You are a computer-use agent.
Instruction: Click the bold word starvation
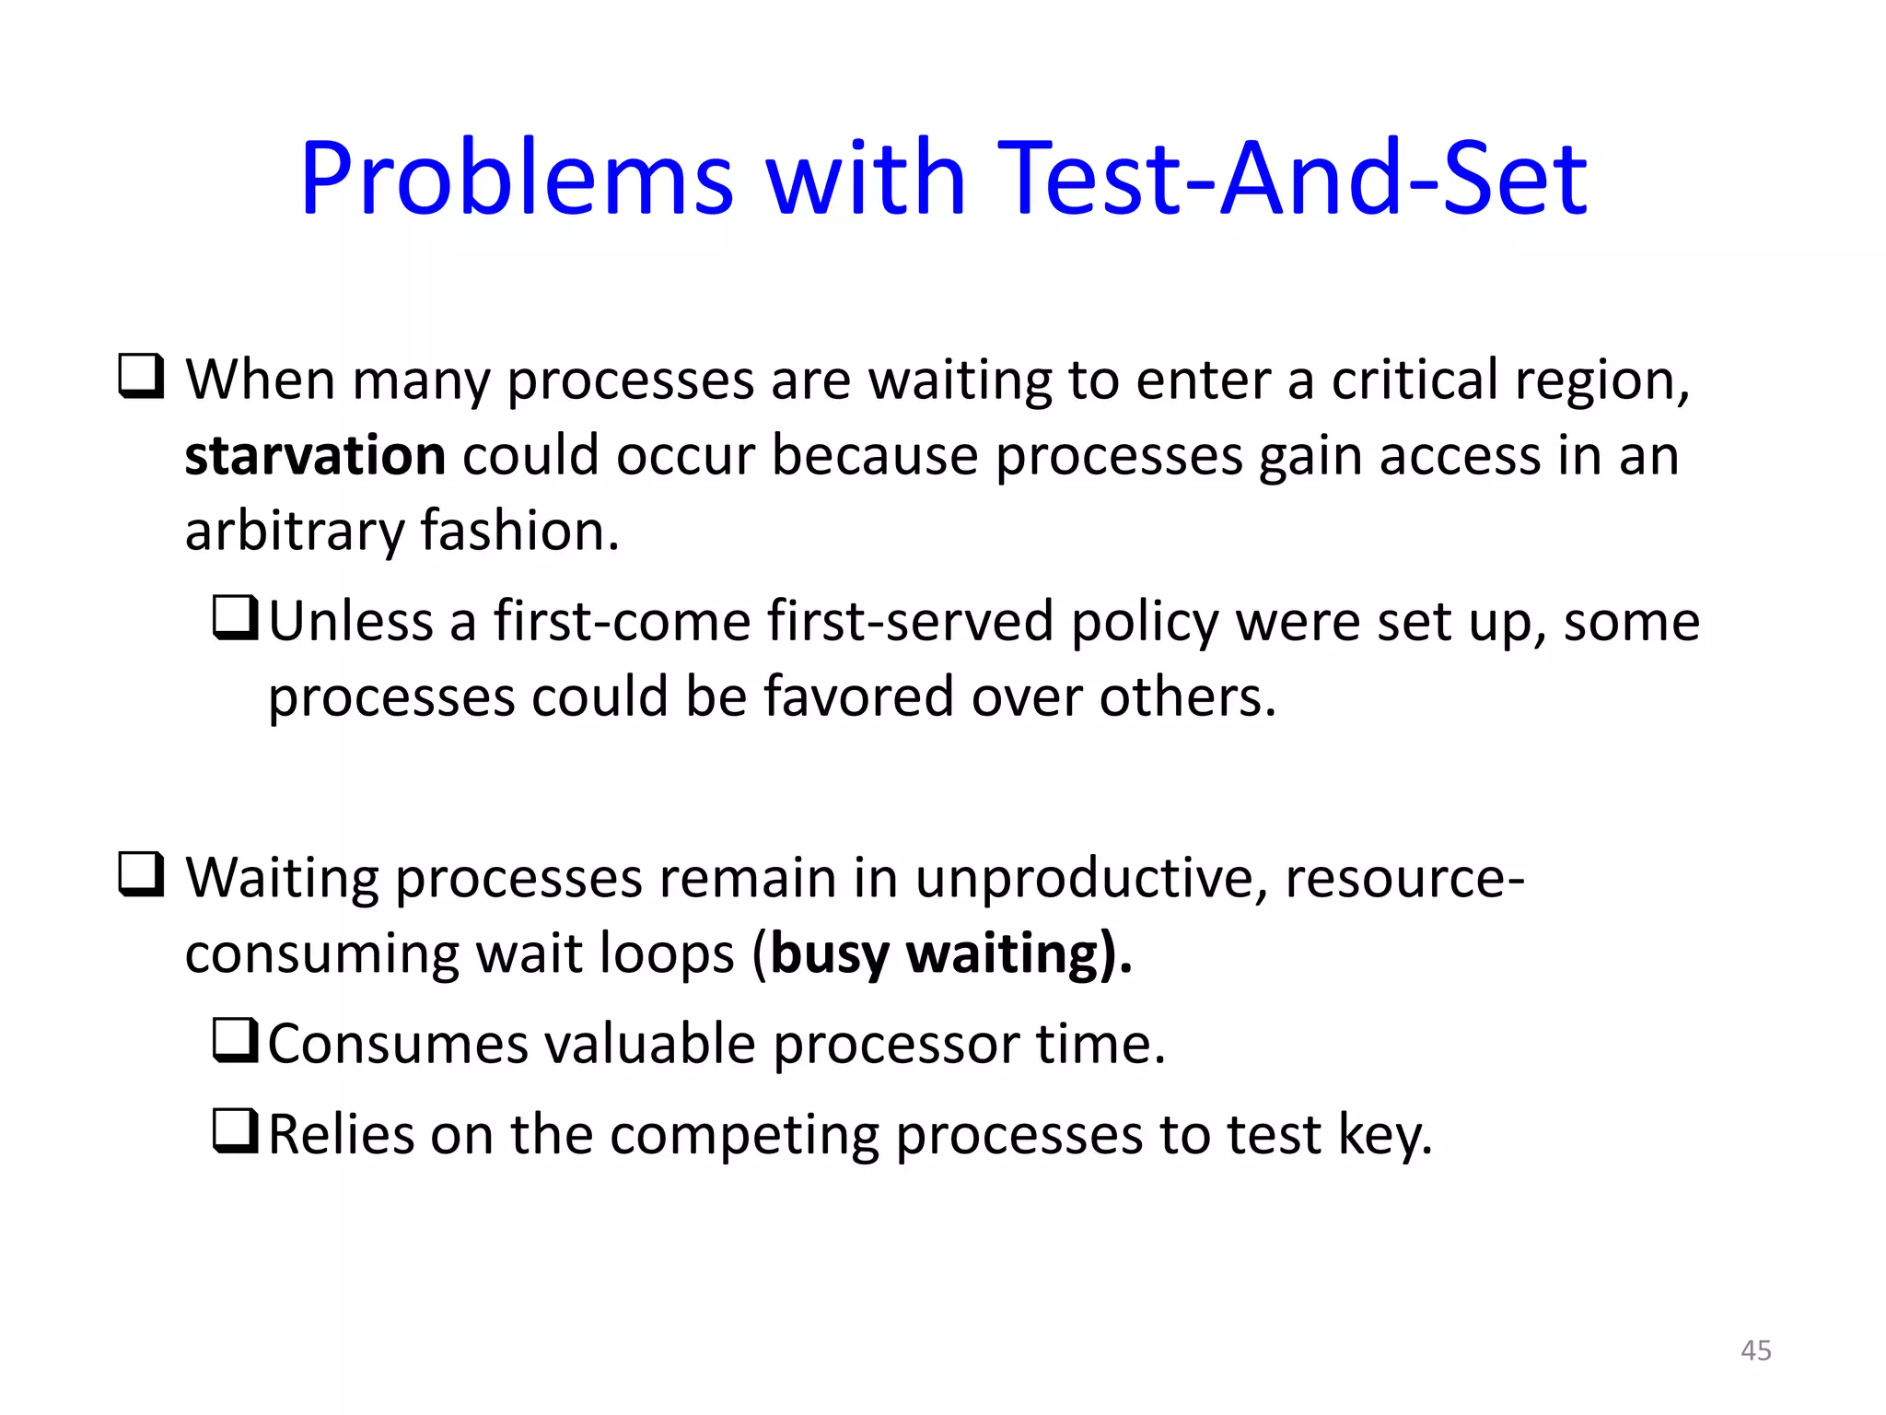315,456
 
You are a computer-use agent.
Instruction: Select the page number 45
1755,1351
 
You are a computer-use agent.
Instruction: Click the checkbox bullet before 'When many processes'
141,377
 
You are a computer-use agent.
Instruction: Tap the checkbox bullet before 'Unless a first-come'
235,618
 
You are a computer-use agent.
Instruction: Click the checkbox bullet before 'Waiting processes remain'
141,875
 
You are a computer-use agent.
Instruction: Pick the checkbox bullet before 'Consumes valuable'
235,1041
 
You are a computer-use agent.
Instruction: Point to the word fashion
518,532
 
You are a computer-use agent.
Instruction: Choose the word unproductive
1089,878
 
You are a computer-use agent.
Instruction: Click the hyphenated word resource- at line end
1404,878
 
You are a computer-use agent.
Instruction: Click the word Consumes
398,1044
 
